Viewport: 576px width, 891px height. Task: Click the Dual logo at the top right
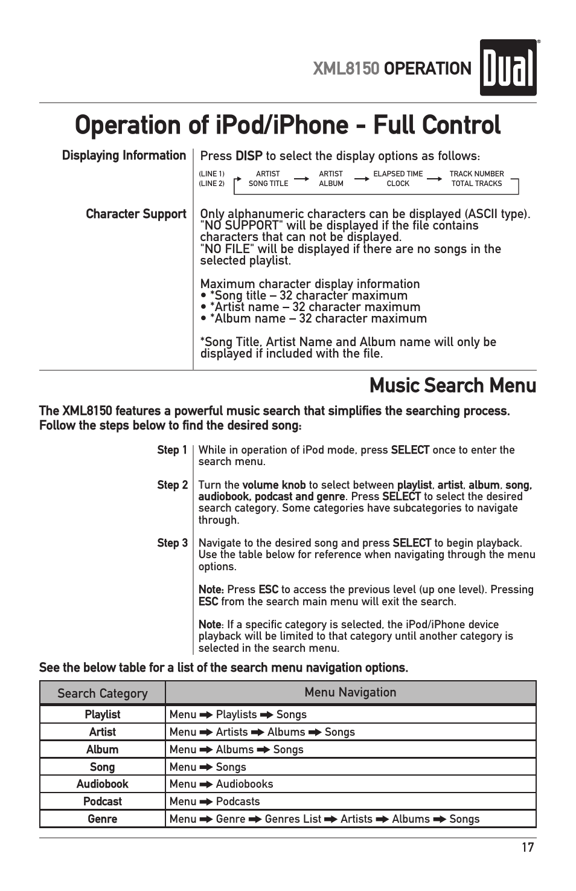tap(508, 68)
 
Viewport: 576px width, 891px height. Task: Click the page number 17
tap(528, 847)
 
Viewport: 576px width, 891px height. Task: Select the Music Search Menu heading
tap(452, 385)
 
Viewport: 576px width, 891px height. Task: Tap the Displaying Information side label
tap(124, 155)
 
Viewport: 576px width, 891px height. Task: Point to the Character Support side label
tap(136, 214)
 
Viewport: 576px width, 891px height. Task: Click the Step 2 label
tap(172, 485)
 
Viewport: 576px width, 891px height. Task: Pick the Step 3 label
tap(172, 543)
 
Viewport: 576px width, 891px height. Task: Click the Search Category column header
tap(102, 693)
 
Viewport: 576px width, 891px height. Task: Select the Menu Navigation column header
tap(350, 692)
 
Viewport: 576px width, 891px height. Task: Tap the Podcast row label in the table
tap(102, 802)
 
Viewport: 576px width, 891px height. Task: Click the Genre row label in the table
tap(102, 819)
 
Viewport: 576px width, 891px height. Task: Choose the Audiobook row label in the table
tap(102, 784)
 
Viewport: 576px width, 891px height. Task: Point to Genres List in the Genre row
tap(293, 819)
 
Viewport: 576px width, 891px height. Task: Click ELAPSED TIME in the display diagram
tap(398, 174)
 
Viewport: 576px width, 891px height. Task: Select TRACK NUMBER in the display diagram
tap(476, 174)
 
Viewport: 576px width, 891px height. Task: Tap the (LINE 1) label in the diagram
tap(211, 174)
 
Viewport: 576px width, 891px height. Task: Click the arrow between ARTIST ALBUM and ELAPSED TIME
tap(361, 179)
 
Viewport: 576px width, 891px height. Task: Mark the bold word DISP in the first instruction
tap(249, 156)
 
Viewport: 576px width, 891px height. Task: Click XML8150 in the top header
tap(346, 69)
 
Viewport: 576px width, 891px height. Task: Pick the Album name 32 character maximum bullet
tap(314, 318)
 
